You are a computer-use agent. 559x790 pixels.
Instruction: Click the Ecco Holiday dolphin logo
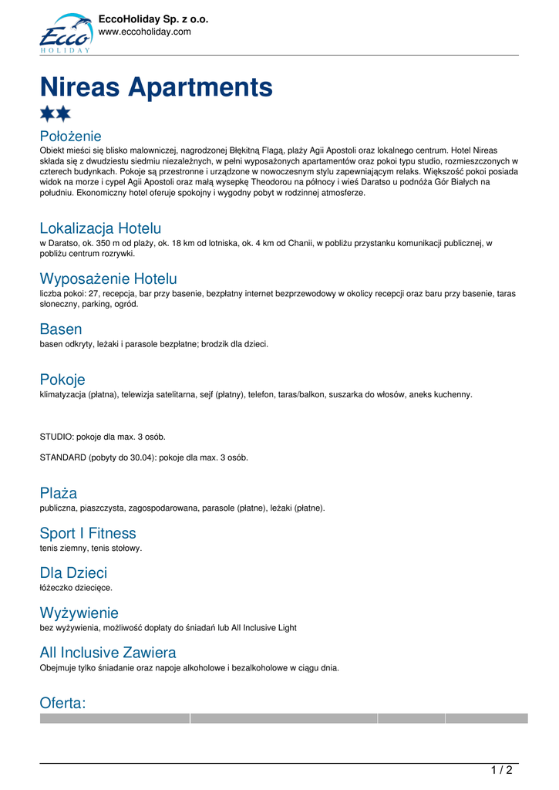(x=66, y=33)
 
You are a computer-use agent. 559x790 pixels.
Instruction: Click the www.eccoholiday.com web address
(x=144, y=32)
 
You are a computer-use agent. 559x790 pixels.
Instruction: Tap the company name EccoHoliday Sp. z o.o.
(x=153, y=19)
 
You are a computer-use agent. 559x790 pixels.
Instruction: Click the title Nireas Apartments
(x=156, y=87)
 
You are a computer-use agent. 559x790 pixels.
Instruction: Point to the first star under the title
(x=47, y=114)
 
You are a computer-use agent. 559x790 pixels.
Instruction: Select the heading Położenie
(x=70, y=137)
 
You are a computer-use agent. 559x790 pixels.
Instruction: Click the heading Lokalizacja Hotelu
(x=100, y=228)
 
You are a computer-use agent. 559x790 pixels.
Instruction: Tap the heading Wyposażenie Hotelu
(x=108, y=279)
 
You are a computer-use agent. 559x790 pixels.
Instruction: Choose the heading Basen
(x=61, y=329)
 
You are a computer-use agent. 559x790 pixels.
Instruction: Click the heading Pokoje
(x=62, y=380)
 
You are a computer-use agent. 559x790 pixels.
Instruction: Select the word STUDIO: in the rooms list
(x=56, y=437)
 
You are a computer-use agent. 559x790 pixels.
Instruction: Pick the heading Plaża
(x=59, y=493)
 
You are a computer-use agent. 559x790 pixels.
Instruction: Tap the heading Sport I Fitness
(x=88, y=533)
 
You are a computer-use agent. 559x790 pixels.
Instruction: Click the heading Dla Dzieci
(x=73, y=573)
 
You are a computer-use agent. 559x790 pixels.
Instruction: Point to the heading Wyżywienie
(x=79, y=613)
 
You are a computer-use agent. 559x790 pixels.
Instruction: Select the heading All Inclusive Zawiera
(x=108, y=653)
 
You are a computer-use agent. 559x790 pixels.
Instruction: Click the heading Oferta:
(x=63, y=703)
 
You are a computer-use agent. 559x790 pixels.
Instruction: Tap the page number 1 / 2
(x=501, y=770)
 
